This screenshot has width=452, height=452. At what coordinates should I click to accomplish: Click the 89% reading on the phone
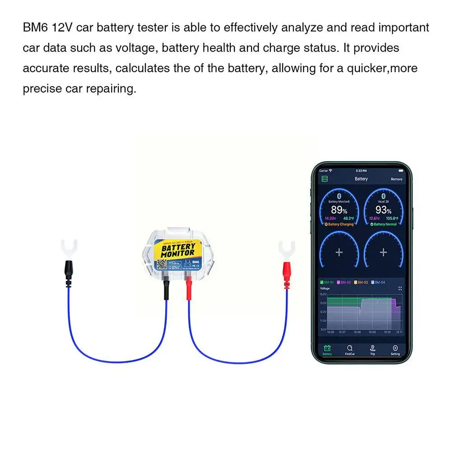(339, 210)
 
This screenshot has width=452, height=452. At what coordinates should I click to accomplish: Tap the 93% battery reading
(383, 210)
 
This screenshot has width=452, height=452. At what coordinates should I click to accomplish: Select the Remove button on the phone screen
(396, 179)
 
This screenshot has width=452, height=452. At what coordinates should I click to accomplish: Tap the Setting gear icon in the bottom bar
(395, 348)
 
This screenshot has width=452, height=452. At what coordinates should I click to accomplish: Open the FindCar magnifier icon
(349, 348)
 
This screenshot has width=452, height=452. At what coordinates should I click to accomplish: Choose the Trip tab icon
(373, 348)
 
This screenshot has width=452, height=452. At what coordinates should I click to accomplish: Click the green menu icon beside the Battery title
(324, 179)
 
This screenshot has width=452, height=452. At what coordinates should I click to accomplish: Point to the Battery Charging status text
(339, 224)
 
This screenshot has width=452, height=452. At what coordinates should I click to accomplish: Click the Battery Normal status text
(383, 224)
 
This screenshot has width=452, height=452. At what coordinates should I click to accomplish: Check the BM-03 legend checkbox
(356, 282)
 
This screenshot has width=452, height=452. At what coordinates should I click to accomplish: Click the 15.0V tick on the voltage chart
(323, 294)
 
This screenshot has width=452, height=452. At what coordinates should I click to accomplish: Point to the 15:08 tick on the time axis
(357, 332)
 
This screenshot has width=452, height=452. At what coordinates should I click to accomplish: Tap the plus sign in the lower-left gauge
(339, 252)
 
